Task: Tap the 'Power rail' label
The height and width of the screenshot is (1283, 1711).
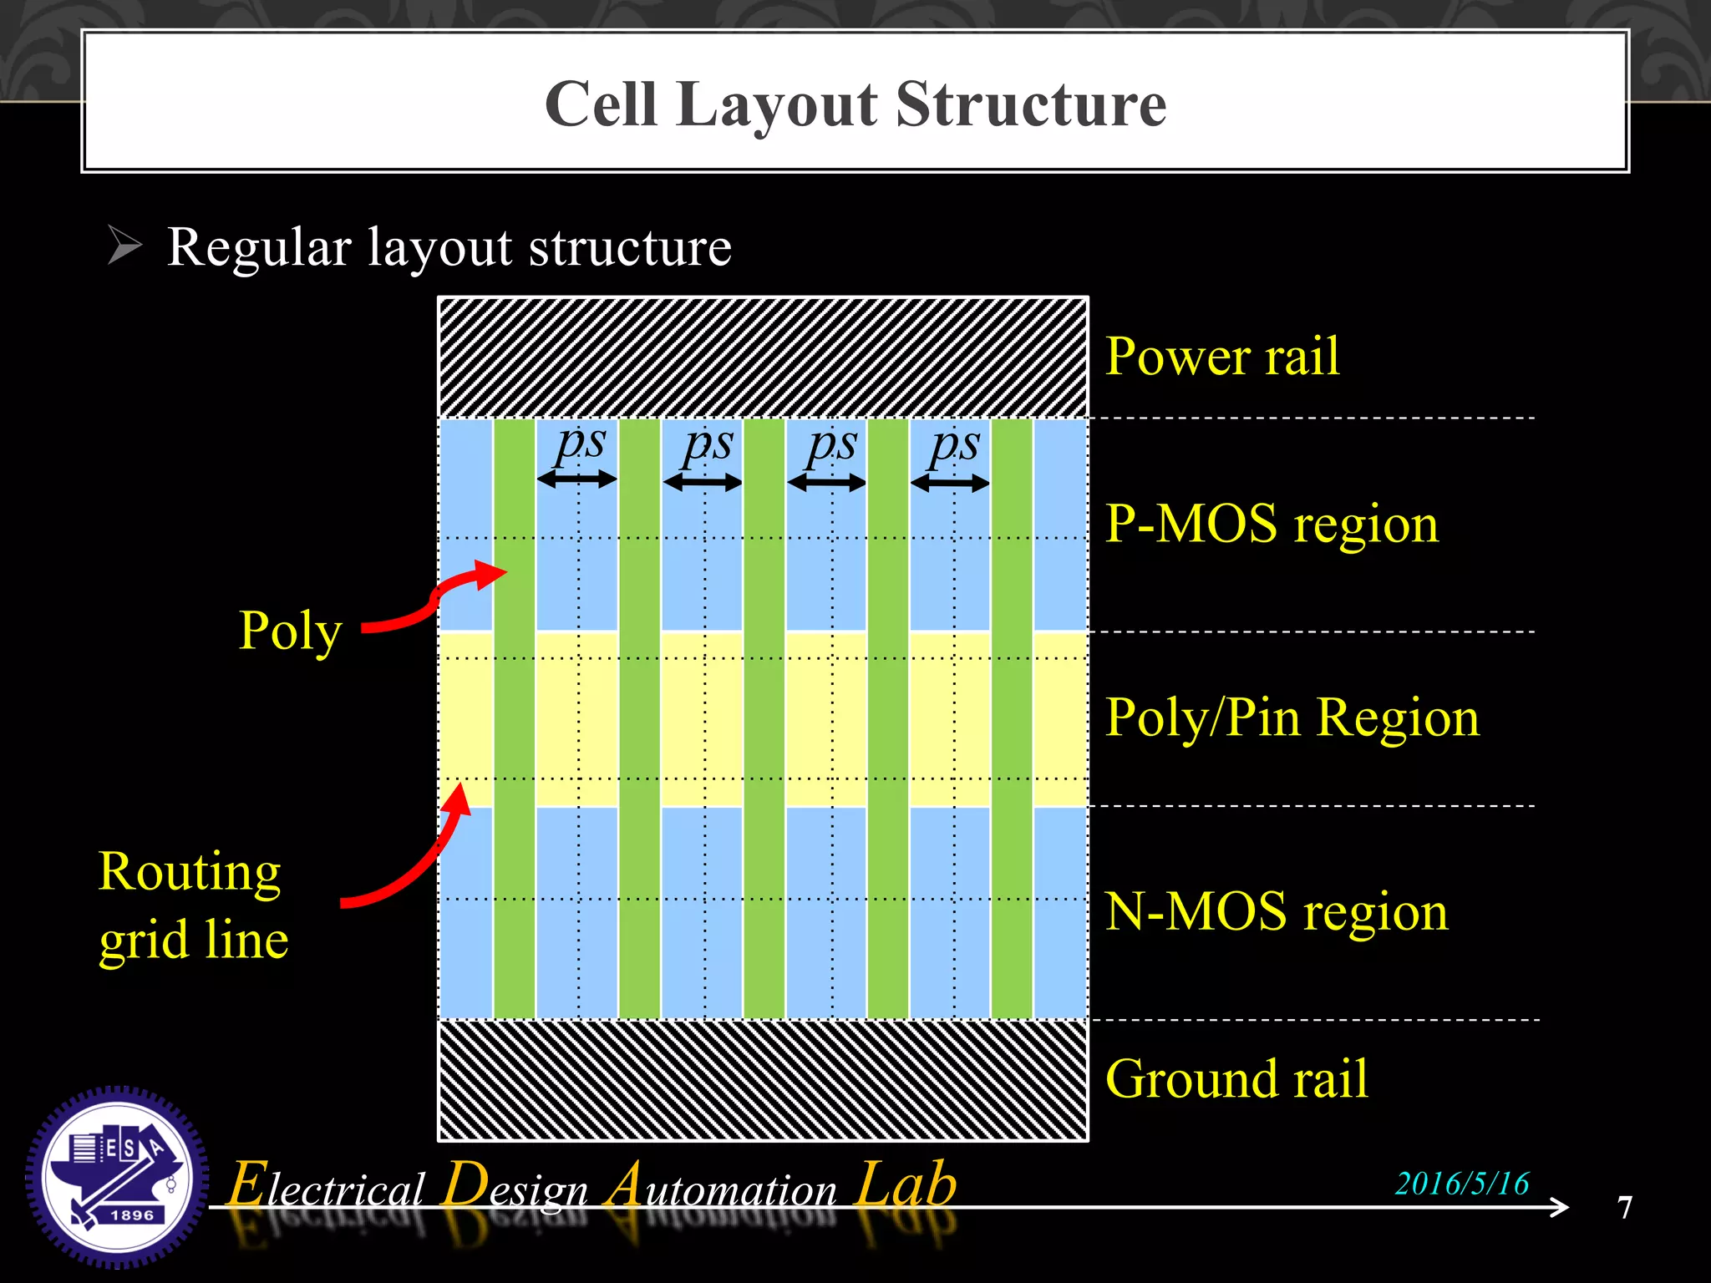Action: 1221,357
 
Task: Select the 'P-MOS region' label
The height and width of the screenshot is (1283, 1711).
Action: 1272,525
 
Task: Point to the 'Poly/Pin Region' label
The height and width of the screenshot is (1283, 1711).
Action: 1292,718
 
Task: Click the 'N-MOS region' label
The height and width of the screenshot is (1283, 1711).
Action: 1276,911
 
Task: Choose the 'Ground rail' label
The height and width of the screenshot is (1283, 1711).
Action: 1236,1078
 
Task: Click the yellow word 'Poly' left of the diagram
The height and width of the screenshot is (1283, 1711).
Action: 290,631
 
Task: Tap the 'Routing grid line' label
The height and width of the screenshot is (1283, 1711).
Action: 193,906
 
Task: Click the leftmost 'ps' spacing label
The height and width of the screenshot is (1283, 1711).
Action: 580,444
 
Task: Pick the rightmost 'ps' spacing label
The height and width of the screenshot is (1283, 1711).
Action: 954,444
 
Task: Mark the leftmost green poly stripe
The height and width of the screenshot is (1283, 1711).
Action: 515,718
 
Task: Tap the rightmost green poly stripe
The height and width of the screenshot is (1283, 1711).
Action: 1012,718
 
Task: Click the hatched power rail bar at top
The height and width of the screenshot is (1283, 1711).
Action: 763,358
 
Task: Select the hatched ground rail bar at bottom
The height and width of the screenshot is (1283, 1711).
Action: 763,1080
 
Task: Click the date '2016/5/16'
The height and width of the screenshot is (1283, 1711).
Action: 1461,1184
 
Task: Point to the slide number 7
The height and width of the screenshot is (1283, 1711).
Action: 1624,1208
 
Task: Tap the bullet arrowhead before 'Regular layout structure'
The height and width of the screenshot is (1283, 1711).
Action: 125,246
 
